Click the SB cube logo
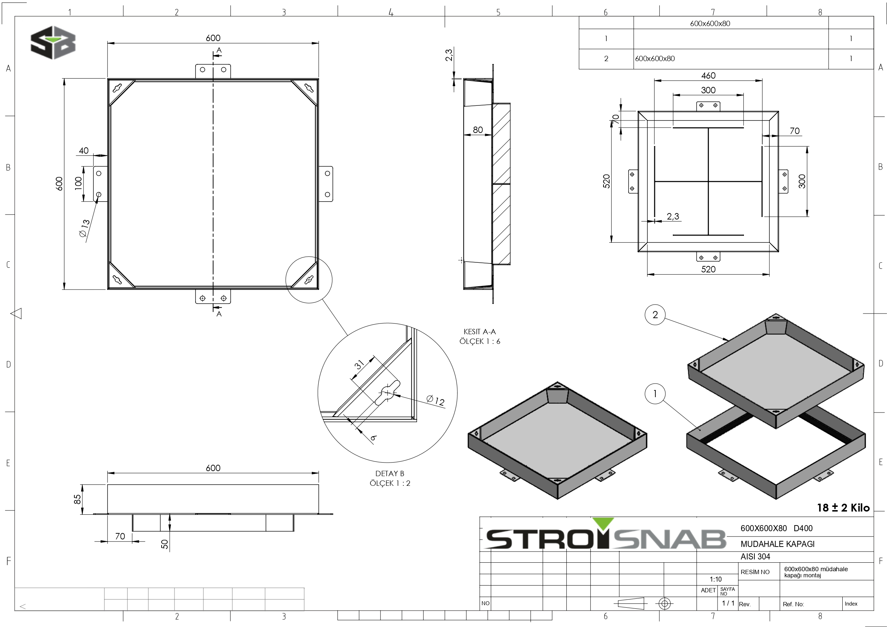(x=53, y=43)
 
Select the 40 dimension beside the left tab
(x=83, y=150)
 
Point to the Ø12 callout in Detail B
(x=435, y=400)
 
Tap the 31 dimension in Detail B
(x=359, y=364)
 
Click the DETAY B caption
(x=389, y=473)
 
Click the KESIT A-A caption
(x=479, y=331)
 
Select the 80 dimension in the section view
(x=478, y=130)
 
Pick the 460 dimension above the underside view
(x=708, y=76)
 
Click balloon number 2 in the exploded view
(x=655, y=315)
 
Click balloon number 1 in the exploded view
(x=655, y=394)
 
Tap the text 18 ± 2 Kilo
(x=843, y=508)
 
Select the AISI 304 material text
(x=755, y=557)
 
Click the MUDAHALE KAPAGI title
(x=777, y=544)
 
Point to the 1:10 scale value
(x=715, y=579)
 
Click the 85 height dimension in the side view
(x=78, y=499)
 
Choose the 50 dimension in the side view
(x=165, y=544)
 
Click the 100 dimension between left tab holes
(x=78, y=182)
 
